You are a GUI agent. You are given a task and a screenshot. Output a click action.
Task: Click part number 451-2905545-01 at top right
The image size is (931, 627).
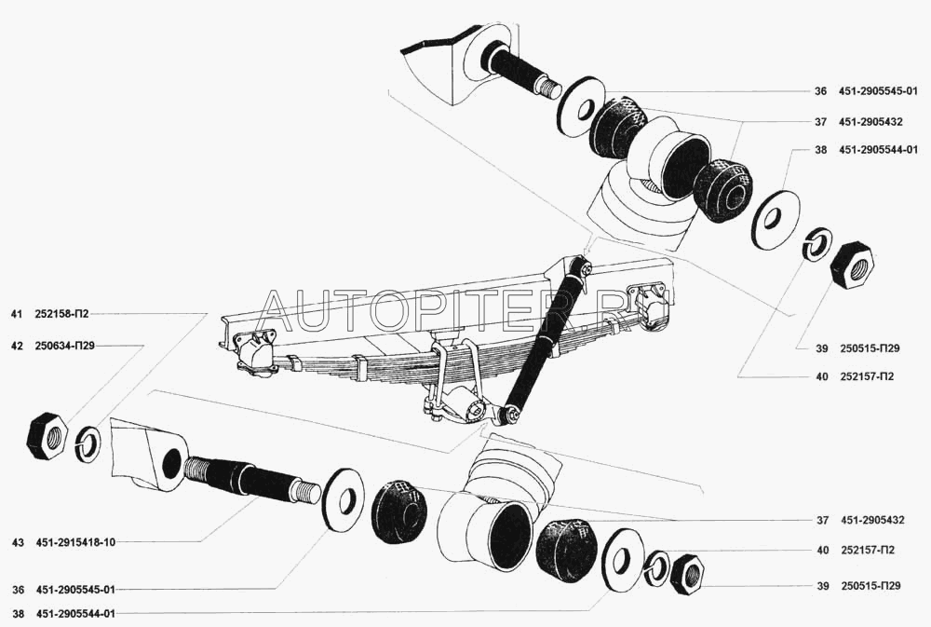tap(878, 91)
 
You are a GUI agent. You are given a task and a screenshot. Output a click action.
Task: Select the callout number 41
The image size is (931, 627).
tap(16, 314)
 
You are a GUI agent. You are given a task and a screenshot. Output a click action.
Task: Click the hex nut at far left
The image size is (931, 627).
tap(47, 437)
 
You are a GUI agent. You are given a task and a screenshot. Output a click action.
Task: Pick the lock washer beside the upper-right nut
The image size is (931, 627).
tap(817, 243)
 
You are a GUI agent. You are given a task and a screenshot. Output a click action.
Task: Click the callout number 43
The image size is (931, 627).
tap(17, 542)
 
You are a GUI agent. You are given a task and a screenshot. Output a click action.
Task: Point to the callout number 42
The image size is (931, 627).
tap(16, 346)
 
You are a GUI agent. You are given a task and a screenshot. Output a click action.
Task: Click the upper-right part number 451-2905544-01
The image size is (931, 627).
tap(878, 150)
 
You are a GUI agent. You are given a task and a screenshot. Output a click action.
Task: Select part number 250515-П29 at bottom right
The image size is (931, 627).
tap(870, 585)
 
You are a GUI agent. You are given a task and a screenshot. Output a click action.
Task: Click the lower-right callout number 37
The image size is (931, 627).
tap(822, 520)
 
